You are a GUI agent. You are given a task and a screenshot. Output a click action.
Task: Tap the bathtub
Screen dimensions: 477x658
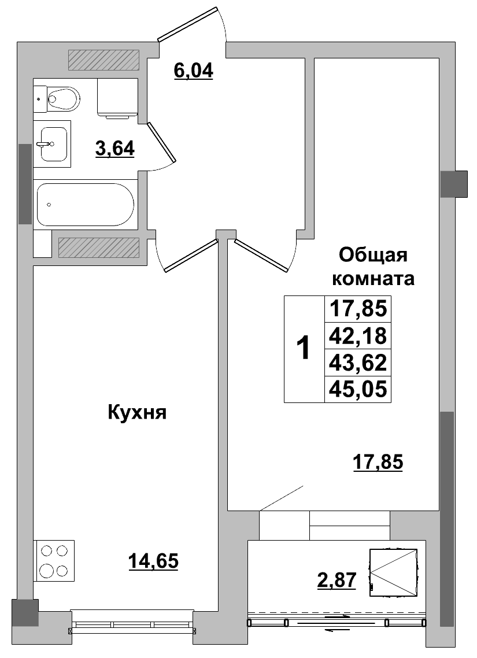pyautogui.click(x=85, y=205)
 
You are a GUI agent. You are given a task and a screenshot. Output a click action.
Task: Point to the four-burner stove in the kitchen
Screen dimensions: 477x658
pyautogui.click(x=54, y=561)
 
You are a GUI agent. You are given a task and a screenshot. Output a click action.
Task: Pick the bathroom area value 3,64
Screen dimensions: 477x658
pyautogui.click(x=115, y=149)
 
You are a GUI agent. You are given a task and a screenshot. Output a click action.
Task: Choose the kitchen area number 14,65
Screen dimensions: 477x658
pyautogui.click(x=153, y=561)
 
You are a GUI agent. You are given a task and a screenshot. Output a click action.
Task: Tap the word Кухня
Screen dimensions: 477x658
pyautogui.click(x=137, y=412)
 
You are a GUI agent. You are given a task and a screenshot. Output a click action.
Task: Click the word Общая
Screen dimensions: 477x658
pyautogui.click(x=373, y=255)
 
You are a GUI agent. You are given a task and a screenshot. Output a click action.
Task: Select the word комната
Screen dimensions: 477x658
pyautogui.click(x=373, y=279)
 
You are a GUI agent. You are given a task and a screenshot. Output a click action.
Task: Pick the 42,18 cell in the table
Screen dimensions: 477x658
pyautogui.click(x=358, y=336)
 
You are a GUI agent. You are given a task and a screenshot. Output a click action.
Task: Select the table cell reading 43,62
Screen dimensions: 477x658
pyautogui.click(x=358, y=363)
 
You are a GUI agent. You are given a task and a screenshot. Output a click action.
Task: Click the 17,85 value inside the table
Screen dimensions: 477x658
pyautogui.click(x=358, y=309)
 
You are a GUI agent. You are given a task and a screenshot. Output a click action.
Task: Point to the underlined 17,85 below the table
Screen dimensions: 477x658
pyautogui.click(x=378, y=463)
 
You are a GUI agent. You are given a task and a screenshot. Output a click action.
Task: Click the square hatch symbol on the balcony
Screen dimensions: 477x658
pyautogui.click(x=394, y=572)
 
